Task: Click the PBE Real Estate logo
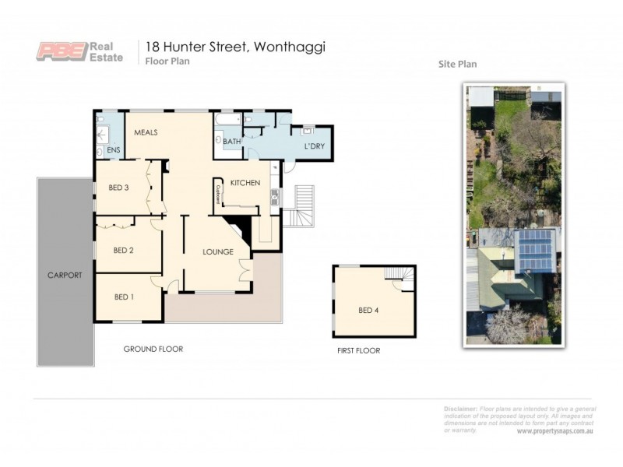[x=79, y=51]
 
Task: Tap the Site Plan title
[x=457, y=65]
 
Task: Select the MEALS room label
[x=146, y=132]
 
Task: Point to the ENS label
[x=113, y=149]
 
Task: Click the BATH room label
[x=232, y=142]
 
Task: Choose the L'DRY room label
[x=314, y=146]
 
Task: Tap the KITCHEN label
[x=245, y=183]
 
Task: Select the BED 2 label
[x=124, y=250]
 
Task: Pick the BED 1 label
[x=124, y=297]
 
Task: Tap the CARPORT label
[x=65, y=276]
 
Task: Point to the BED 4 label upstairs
[x=368, y=311]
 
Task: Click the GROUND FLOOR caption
[x=153, y=349]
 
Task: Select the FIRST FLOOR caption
[x=358, y=351]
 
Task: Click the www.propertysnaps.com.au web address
[x=554, y=431]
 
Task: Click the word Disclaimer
[x=460, y=409]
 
